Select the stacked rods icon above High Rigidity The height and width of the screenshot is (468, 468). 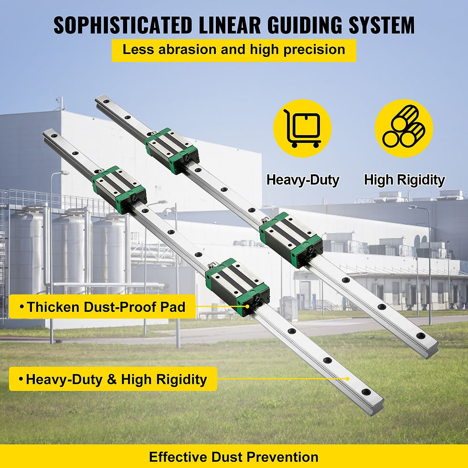(404, 128)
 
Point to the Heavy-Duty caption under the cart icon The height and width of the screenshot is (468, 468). (303, 180)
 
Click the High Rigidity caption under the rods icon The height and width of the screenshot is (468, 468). (404, 180)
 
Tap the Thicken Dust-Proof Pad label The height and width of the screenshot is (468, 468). (102, 307)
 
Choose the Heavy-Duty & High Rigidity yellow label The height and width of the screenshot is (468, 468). (113, 380)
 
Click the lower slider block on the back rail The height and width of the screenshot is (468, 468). (291, 239)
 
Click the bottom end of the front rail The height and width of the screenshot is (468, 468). (375, 405)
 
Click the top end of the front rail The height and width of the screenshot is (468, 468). (49, 135)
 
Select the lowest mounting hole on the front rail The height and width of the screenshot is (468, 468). (365, 392)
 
